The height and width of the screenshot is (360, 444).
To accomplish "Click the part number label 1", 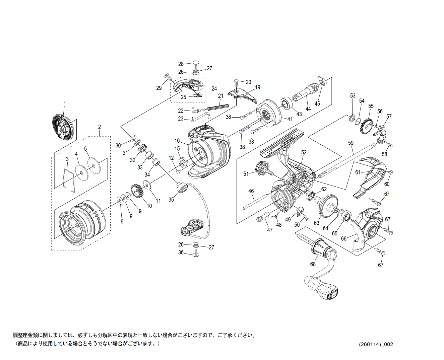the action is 65,103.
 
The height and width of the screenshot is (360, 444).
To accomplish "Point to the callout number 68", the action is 313,264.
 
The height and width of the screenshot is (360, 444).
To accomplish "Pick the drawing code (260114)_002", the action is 376,344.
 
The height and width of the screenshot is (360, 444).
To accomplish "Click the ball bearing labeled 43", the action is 286,104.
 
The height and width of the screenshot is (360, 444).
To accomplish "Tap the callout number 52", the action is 304,152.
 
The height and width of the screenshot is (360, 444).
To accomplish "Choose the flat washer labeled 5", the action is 94,166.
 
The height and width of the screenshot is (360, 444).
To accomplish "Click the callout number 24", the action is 214,88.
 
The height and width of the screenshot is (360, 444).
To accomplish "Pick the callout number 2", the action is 100,127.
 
